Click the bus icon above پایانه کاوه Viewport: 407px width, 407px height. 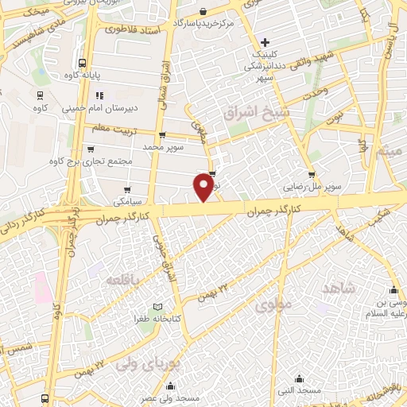83,63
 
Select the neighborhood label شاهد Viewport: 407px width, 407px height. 336,288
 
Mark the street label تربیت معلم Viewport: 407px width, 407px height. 109,129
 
